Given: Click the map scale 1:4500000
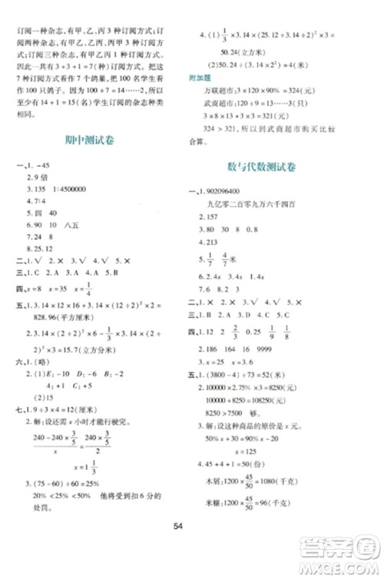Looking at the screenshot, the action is pyautogui.click(x=61, y=206).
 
